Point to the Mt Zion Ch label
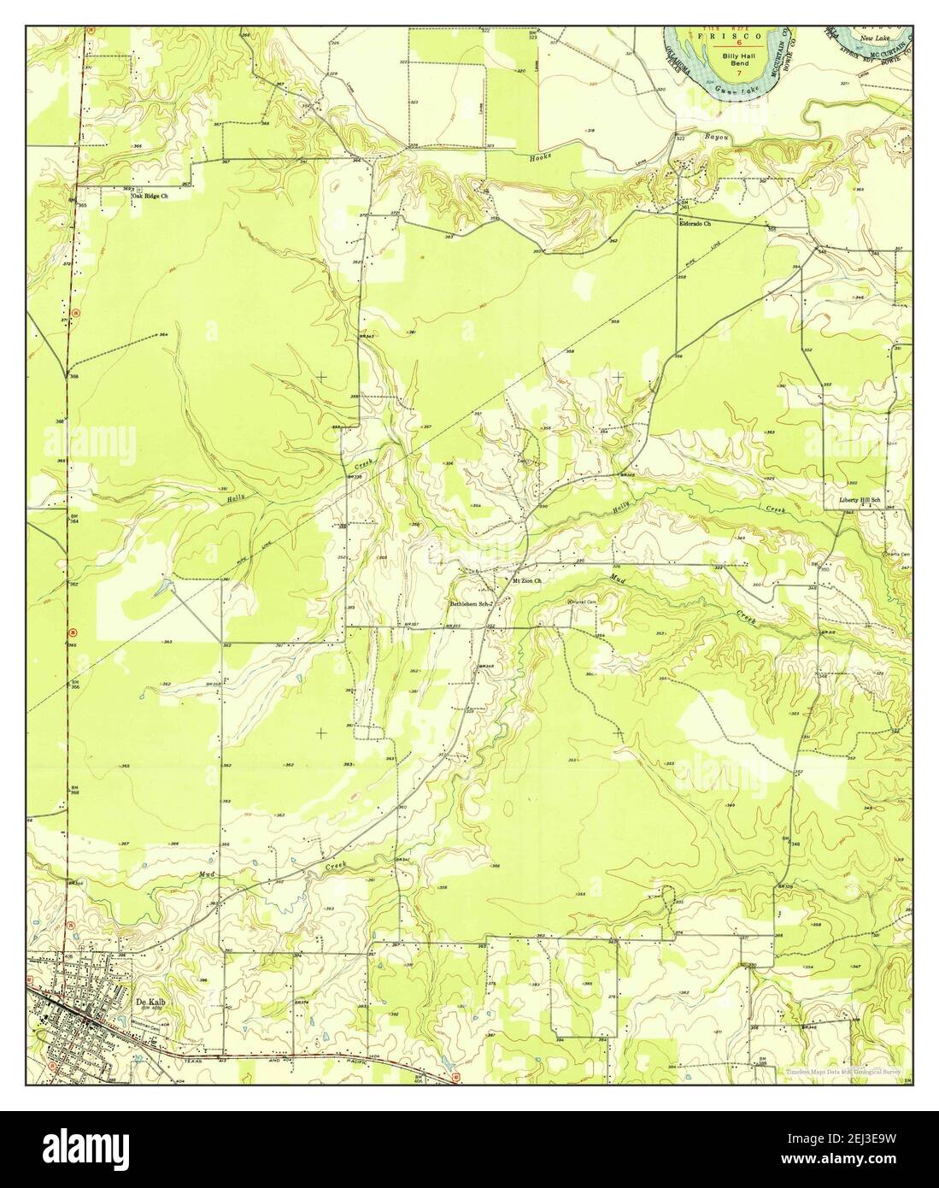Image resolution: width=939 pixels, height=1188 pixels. pyautogui.click(x=527, y=582)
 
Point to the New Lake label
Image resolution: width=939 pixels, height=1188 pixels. pyautogui.click(x=875, y=39)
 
